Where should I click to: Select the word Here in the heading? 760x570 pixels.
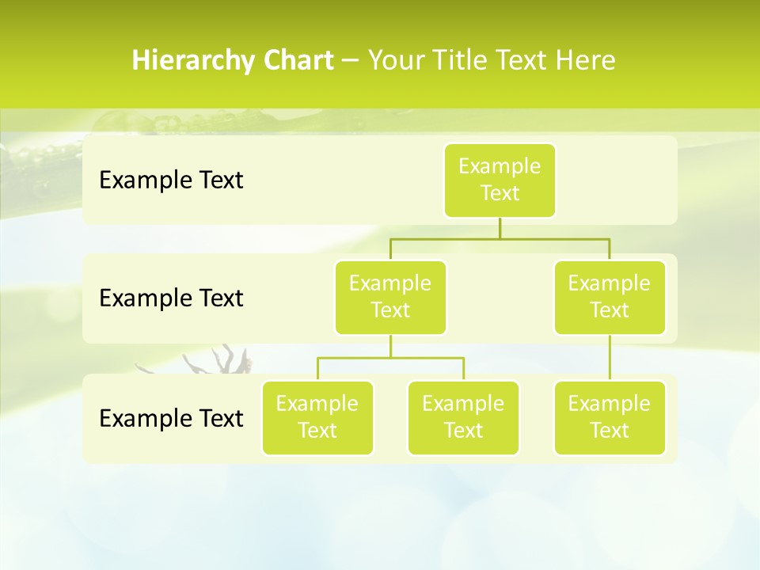(586, 60)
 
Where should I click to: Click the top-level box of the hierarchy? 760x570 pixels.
(500, 180)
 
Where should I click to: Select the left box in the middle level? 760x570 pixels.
(390, 298)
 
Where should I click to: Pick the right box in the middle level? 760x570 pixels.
(610, 298)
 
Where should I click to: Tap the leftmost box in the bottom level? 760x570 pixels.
(317, 418)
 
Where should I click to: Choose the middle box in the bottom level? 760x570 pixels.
(463, 418)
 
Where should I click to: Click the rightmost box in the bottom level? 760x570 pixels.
(610, 418)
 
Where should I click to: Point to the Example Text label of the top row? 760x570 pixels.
(171, 180)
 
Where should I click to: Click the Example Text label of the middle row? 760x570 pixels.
(171, 298)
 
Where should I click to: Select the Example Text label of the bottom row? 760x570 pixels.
(171, 418)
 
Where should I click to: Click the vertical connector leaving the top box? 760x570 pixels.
(500, 228)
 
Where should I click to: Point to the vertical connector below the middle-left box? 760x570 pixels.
(390, 347)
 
